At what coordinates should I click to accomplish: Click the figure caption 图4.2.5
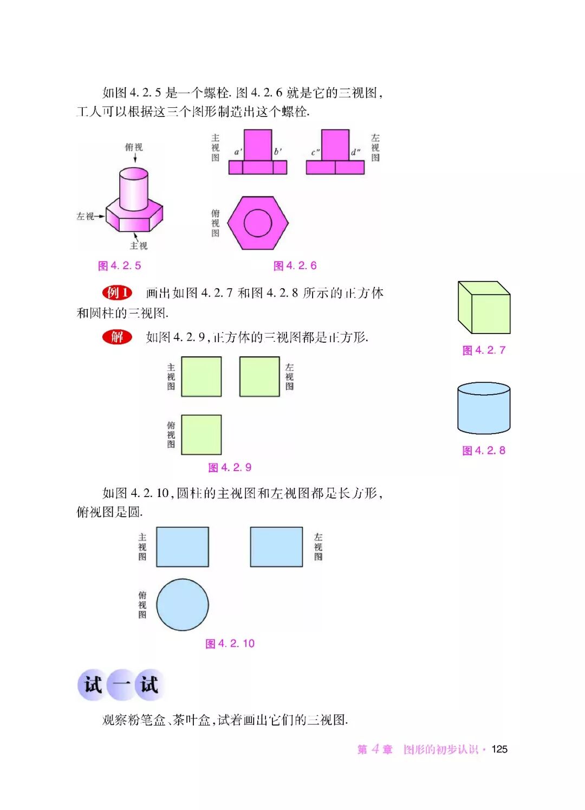[x=119, y=265]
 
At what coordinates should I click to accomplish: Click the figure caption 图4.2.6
[x=295, y=265]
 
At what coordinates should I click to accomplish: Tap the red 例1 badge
[x=117, y=293]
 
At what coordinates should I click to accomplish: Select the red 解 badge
[x=117, y=337]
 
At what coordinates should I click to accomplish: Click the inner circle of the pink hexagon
[x=258, y=222]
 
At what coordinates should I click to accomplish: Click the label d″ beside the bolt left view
[x=355, y=152]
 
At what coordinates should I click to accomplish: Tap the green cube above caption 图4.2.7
[x=484, y=308]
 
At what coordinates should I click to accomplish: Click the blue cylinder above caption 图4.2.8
[x=484, y=409]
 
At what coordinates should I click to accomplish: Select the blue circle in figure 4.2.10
[x=183, y=605]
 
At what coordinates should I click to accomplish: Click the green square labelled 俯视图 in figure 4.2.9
[x=201, y=435]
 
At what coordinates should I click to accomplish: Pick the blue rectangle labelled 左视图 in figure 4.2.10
[x=276, y=547]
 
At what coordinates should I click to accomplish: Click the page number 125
[x=499, y=749]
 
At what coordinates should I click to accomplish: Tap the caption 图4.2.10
[x=230, y=643]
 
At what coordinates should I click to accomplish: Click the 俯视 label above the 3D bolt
[x=134, y=147]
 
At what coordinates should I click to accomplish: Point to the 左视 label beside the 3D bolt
[x=86, y=216]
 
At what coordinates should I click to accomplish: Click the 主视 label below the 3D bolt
[x=139, y=246]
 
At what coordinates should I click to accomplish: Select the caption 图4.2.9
[x=230, y=467]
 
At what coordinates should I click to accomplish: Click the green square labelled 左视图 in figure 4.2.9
[x=259, y=376]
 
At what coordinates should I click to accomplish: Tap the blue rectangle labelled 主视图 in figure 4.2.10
[x=183, y=547]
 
